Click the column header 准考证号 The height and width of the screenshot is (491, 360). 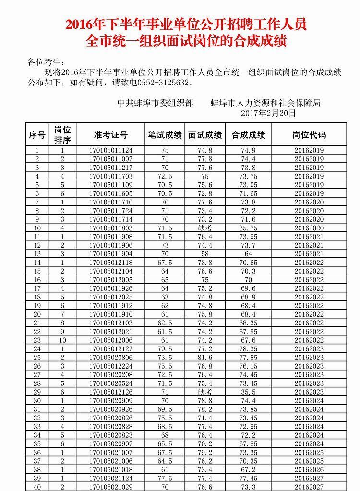tap(111, 135)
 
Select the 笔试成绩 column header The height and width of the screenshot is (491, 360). tap(165, 135)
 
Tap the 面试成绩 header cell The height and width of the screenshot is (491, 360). tap(205, 135)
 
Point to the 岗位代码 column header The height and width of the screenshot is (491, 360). tap(309, 135)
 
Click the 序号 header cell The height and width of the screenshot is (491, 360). tap(37, 135)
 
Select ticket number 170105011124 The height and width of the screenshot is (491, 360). tap(111, 150)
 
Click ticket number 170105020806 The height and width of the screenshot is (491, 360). tap(111, 358)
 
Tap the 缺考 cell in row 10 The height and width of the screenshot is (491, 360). tap(205, 228)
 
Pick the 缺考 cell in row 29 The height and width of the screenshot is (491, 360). tap(205, 392)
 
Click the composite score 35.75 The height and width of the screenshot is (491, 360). tap(248, 228)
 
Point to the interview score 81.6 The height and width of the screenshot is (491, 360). tap(205, 358)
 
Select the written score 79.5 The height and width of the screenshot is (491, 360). tap(165, 349)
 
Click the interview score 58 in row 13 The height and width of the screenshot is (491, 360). tap(205, 254)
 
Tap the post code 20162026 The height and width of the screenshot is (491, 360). tap(309, 470)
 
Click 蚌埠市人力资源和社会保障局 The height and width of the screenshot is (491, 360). tap(265, 103)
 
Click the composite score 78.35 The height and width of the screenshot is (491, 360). tap(248, 349)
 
